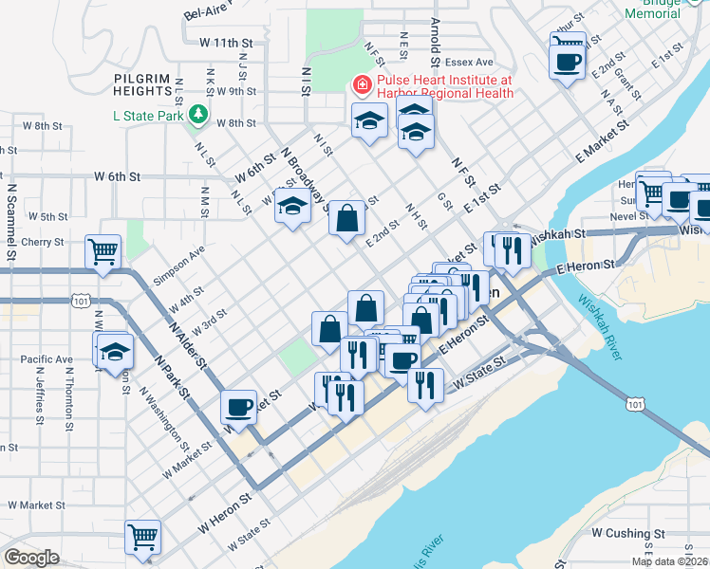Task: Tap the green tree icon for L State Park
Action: point(197,116)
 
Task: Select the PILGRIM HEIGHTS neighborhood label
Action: point(147,84)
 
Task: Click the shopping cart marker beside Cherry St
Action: point(103,252)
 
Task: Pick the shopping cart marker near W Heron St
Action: point(143,538)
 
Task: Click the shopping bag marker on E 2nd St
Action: point(348,218)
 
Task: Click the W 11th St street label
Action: point(227,43)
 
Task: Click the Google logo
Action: point(31,558)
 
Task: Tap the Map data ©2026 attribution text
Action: point(669,561)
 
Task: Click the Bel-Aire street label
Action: point(209,11)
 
